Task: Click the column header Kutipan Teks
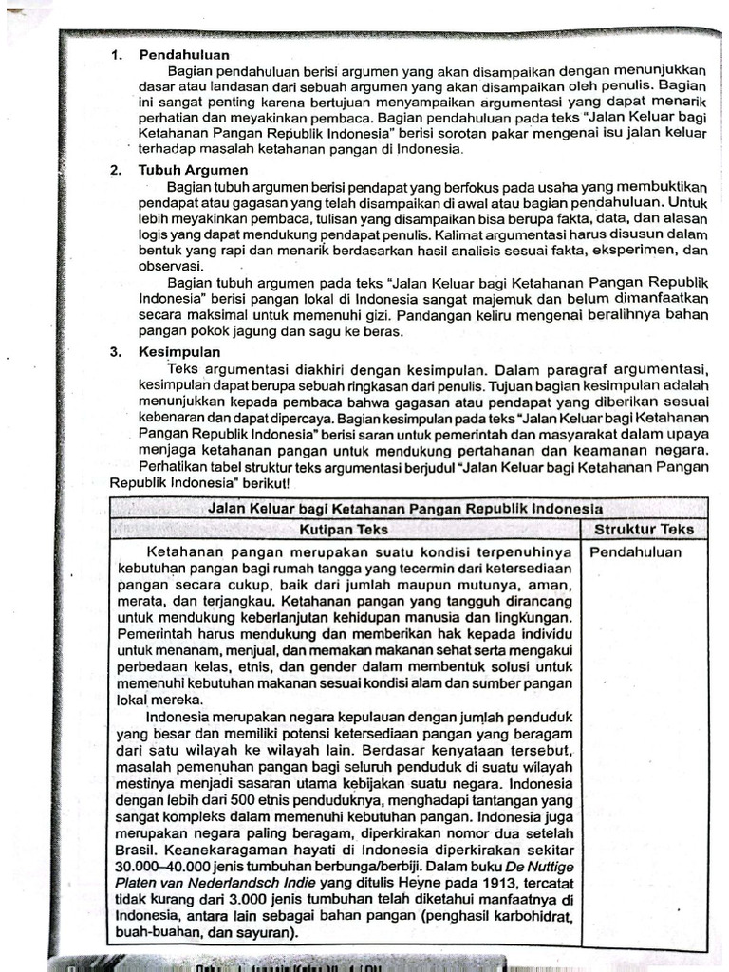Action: [344, 530]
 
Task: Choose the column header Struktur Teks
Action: [644, 530]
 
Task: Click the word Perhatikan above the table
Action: [178, 467]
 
